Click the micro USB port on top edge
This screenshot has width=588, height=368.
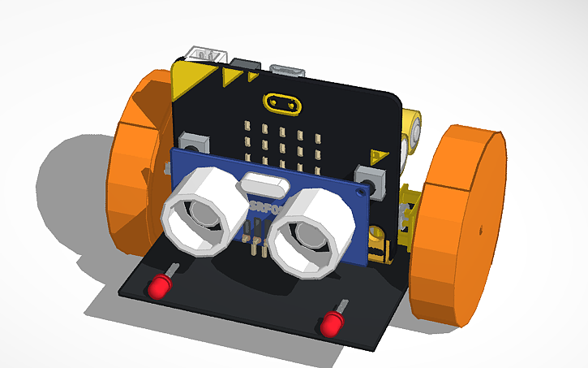click(x=288, y=71)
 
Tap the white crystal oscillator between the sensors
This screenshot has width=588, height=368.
click(x=264, y=182)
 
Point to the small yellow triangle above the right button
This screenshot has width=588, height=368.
click(x=376, y=154)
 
